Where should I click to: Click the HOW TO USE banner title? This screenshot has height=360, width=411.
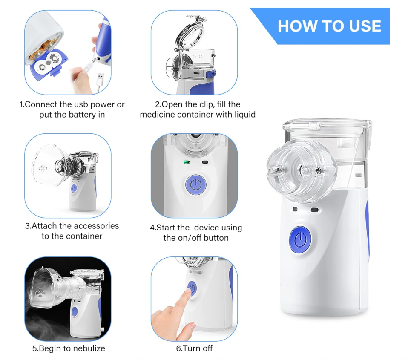tap(329, 26)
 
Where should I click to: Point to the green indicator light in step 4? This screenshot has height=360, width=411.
tap(186, 162)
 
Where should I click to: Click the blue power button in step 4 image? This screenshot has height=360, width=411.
tap(195, 184)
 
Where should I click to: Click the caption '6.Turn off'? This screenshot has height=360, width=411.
tap(194, 348)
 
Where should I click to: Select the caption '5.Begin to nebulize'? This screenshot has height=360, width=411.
tap(69, 348)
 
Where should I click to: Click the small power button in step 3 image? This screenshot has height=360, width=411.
tap(74, 188)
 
